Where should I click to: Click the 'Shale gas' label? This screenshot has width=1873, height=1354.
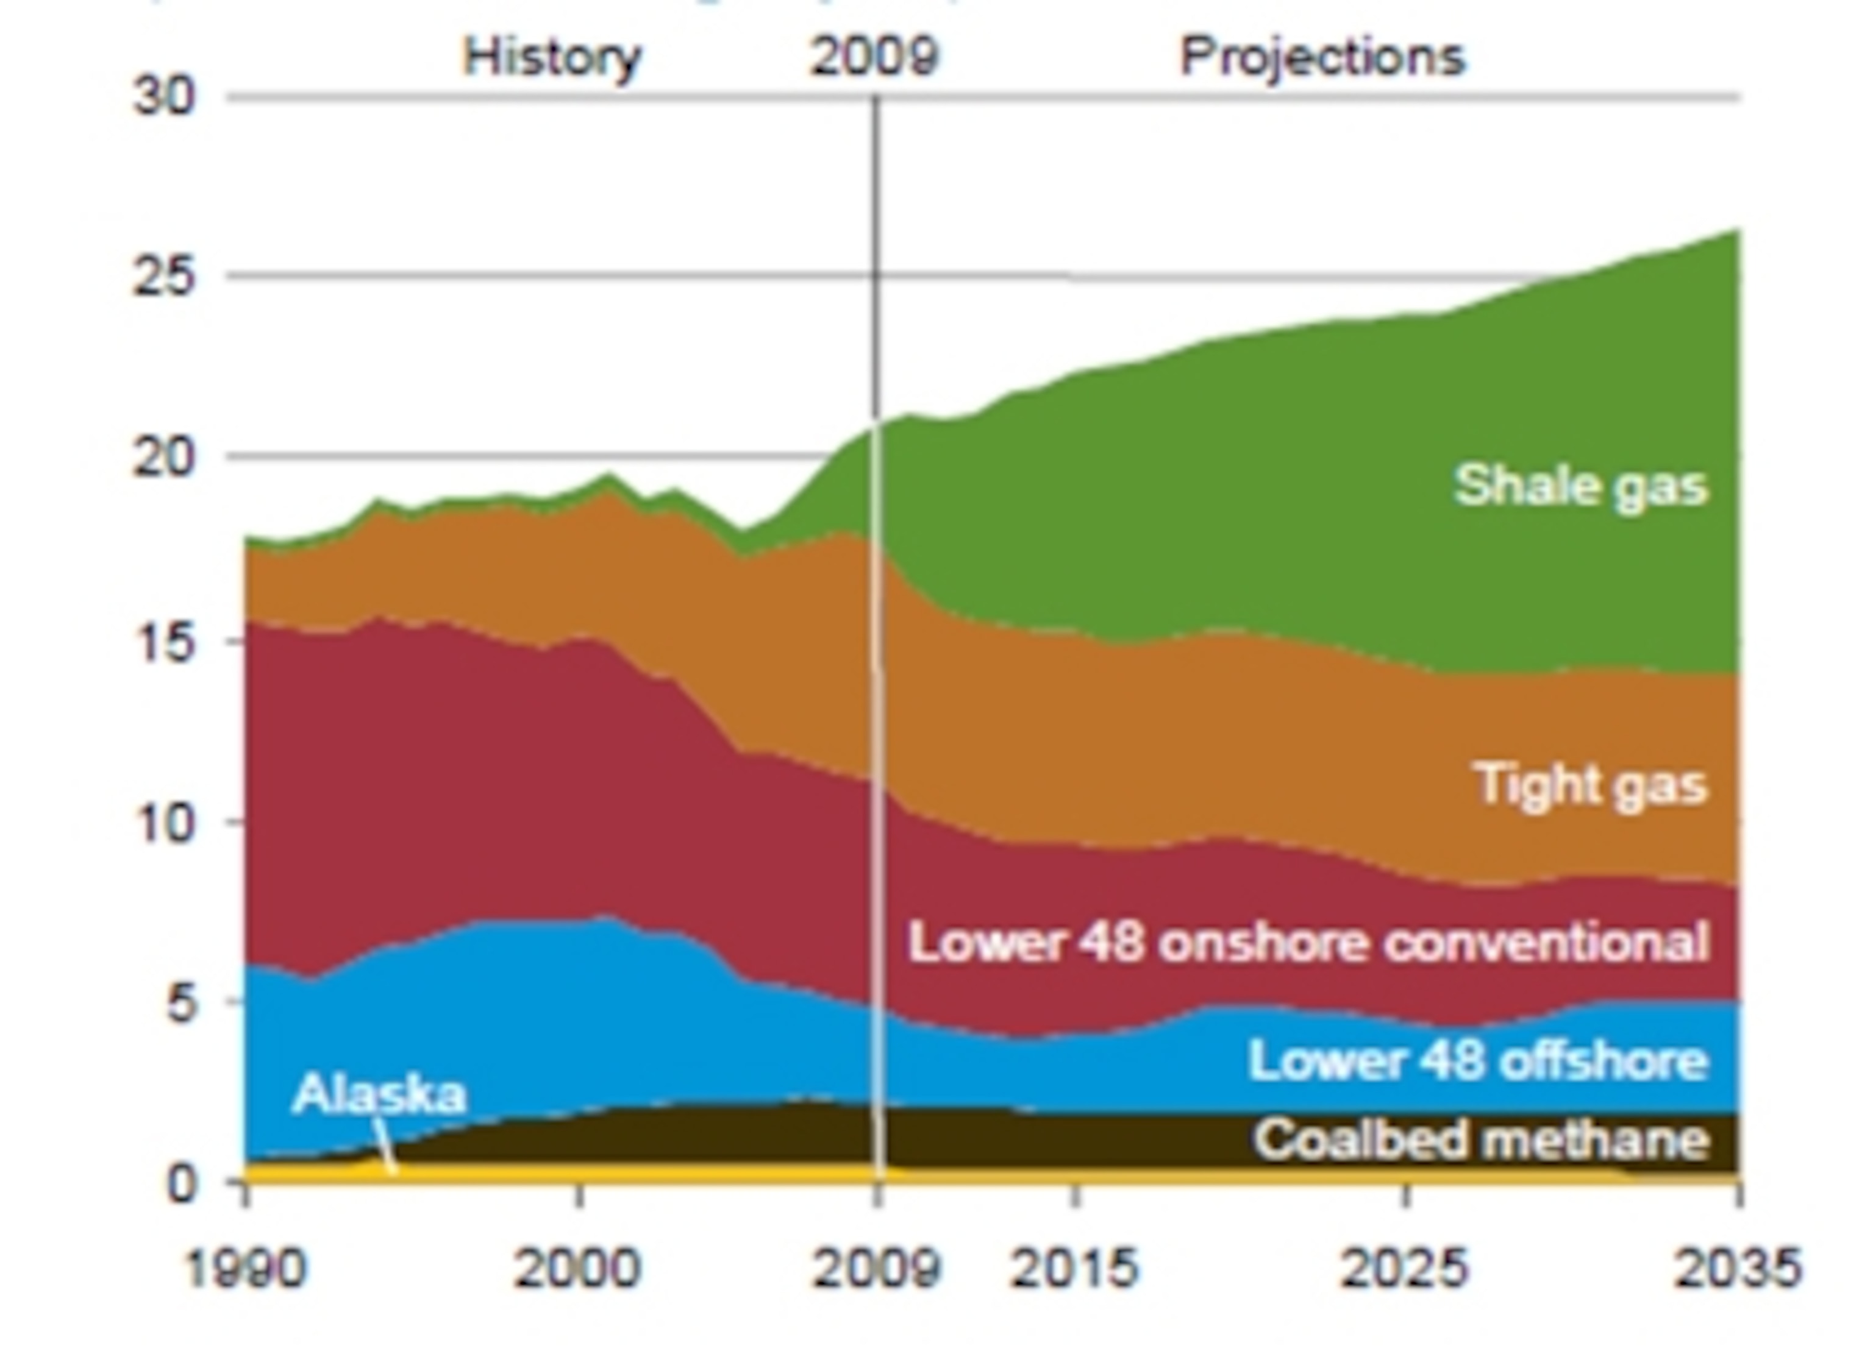[x=1580, y=486]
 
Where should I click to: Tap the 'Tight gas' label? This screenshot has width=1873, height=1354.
[x=1591, y=784]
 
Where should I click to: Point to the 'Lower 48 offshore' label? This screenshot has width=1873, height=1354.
[x=1477, y=1060]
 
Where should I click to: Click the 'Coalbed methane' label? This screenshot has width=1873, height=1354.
[x=1480, y=1140]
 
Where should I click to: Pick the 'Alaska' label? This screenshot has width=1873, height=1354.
[x=379, y=1094]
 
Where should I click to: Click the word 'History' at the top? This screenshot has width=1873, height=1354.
[x=552, y=58]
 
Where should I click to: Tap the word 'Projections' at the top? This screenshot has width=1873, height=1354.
[x=1322, y=58]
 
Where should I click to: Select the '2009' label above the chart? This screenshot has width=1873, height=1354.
[x=874, y=58]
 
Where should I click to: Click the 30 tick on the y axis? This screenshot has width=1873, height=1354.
[x=165, y=97]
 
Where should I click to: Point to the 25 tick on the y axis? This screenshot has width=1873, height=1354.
[x=165, y=276]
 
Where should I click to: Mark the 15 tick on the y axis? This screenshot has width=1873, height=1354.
[x=165, y=643]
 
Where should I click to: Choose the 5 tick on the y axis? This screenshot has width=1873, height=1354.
[x=181, y=1004]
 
